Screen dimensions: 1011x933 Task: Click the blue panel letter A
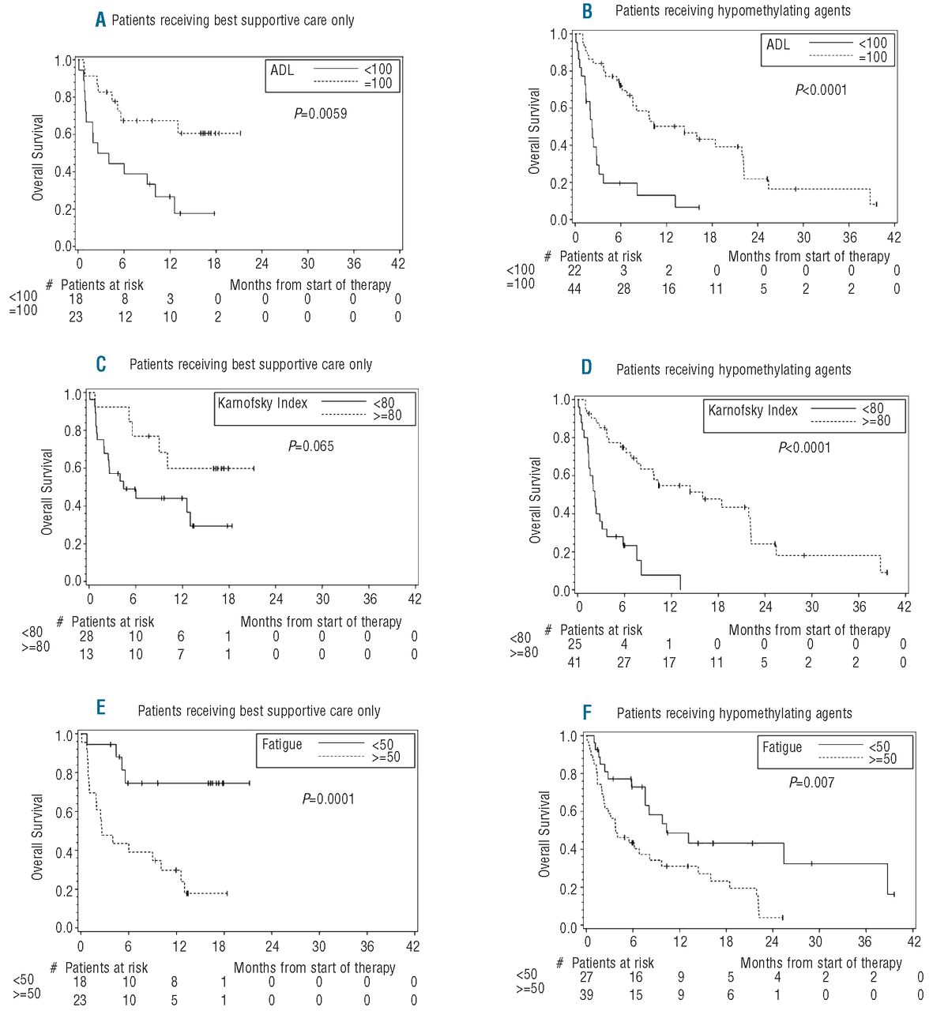100,21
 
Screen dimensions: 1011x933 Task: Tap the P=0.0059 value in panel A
321,114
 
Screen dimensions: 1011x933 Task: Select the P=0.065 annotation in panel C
311,447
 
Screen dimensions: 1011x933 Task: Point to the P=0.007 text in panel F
811,783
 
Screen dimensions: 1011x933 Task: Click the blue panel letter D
586,369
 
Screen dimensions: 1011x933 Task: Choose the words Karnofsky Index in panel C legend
262,404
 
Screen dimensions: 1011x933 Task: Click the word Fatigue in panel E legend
282,744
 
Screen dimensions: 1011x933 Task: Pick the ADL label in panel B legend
778,44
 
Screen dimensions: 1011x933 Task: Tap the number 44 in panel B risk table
574,289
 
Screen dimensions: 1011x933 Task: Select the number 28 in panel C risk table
86,637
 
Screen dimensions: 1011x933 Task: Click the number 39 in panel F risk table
586,994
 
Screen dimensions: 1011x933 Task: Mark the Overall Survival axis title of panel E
38,837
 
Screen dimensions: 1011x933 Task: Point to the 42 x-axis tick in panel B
893,237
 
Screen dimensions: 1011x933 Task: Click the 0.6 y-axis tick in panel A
64,134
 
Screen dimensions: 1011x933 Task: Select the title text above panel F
734,713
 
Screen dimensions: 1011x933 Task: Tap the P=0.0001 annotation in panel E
329,799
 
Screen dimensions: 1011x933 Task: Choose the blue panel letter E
101,707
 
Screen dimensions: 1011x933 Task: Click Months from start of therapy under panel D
809,630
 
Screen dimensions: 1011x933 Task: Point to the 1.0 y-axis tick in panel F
569,736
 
